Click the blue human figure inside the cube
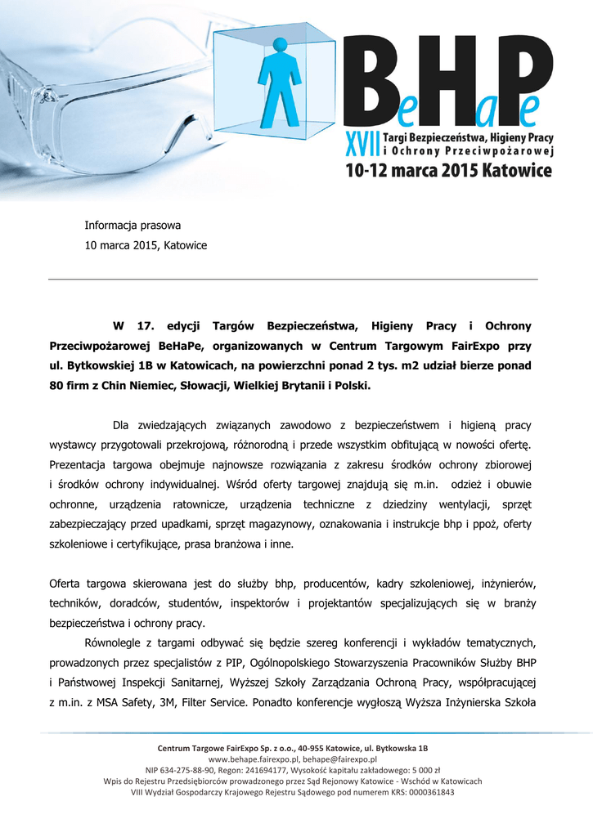pyautogui.click(x=281, y=83)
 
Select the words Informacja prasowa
pyautogui.click(x=133, y=225)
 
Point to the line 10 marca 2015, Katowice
pyautogui.click(x=146, y=245)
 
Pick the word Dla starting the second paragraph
pyautogui.click(x=121, y=425)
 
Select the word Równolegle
pyautogui.click(x=112, y=643)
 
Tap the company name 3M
pyautogui.click(x=164, y=702)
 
